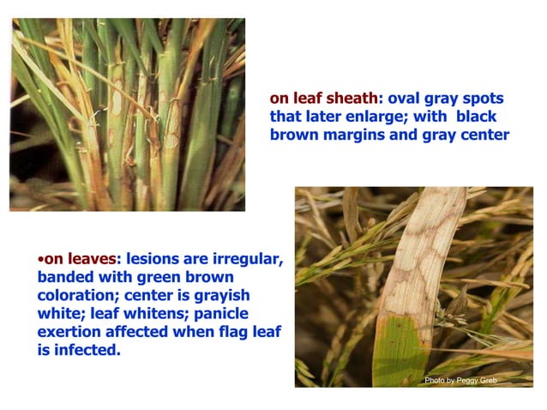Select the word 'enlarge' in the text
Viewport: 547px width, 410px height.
click(x=375, y=116)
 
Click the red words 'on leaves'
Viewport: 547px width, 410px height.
click(x=78, y=258)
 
